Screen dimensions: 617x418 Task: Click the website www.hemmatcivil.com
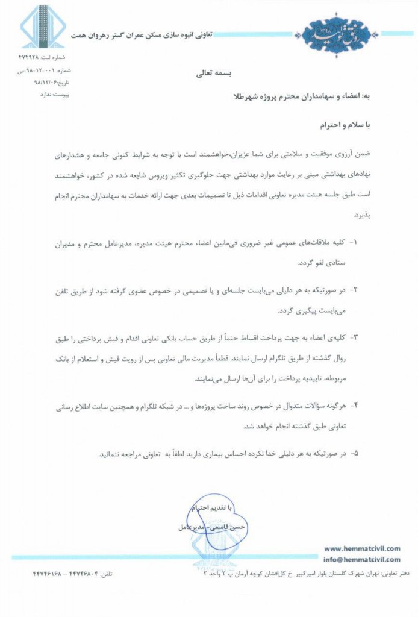coord(361,548)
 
